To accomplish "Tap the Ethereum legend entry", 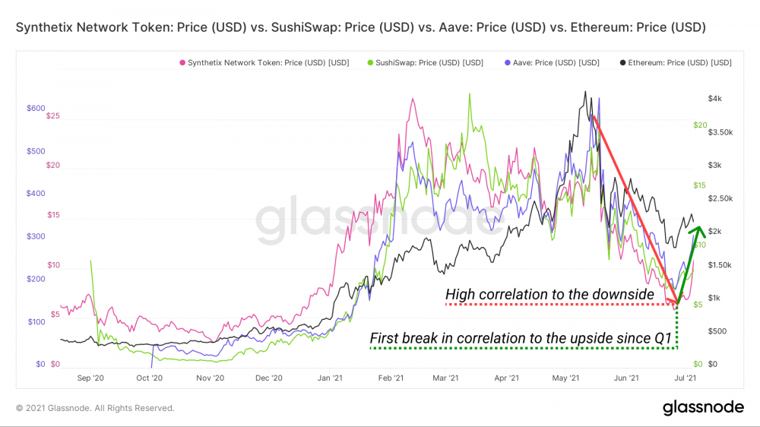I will pos(676,62).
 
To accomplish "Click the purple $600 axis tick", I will pos(36,109).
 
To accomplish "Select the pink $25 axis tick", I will pos(52,117).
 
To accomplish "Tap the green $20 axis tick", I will pos(700,125).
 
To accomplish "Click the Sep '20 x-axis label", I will pos(90,377).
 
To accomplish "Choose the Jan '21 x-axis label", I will pos(329,377).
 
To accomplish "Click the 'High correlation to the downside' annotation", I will pos(549,294).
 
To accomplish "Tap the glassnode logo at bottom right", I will pos(703,407).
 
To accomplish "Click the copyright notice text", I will pos(95,408).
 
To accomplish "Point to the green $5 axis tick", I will pos(698,305).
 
